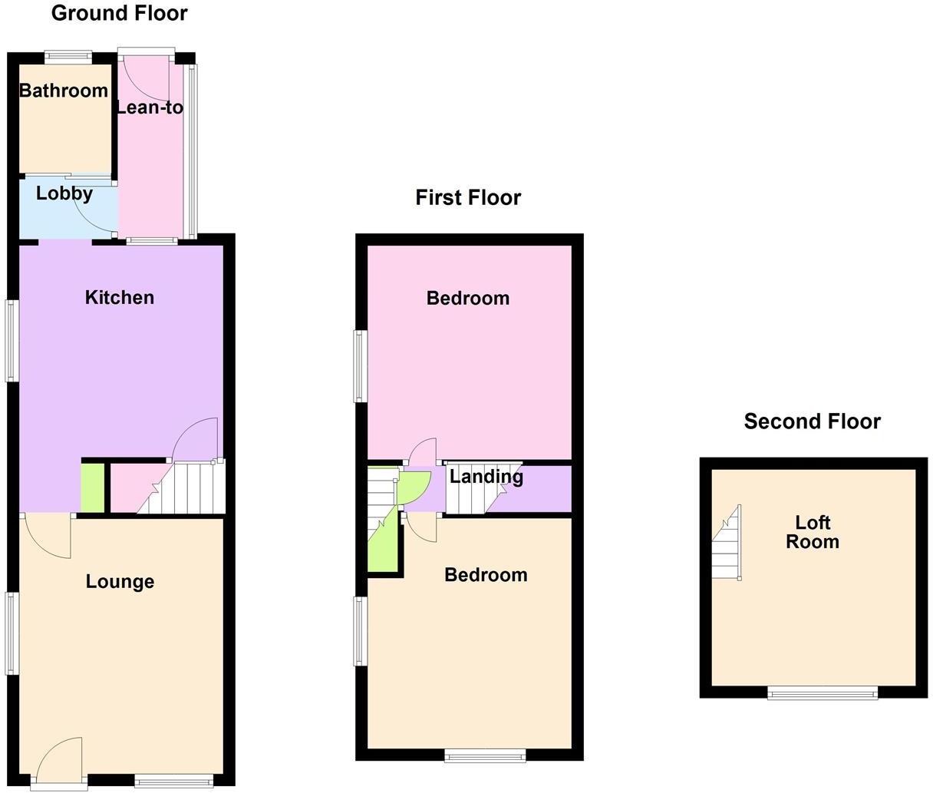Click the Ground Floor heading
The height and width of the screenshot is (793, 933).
119,13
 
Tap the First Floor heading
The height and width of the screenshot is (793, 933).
468,197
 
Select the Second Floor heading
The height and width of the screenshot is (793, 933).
812,421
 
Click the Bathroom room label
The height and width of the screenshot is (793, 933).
64,91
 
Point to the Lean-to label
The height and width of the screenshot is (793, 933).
150,107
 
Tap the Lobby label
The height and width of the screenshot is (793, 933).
64,193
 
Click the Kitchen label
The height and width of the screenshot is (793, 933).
119,297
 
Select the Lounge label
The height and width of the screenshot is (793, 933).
120,582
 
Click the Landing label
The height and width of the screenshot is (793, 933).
486,477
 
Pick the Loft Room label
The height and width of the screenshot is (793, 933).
813,532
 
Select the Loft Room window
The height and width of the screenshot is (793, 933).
823,693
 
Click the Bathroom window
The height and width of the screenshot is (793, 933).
68,55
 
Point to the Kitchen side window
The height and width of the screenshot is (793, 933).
12,340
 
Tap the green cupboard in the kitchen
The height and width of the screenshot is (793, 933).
92,487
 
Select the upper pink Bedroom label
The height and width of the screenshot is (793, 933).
468,298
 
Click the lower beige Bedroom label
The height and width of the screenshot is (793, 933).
486,575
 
